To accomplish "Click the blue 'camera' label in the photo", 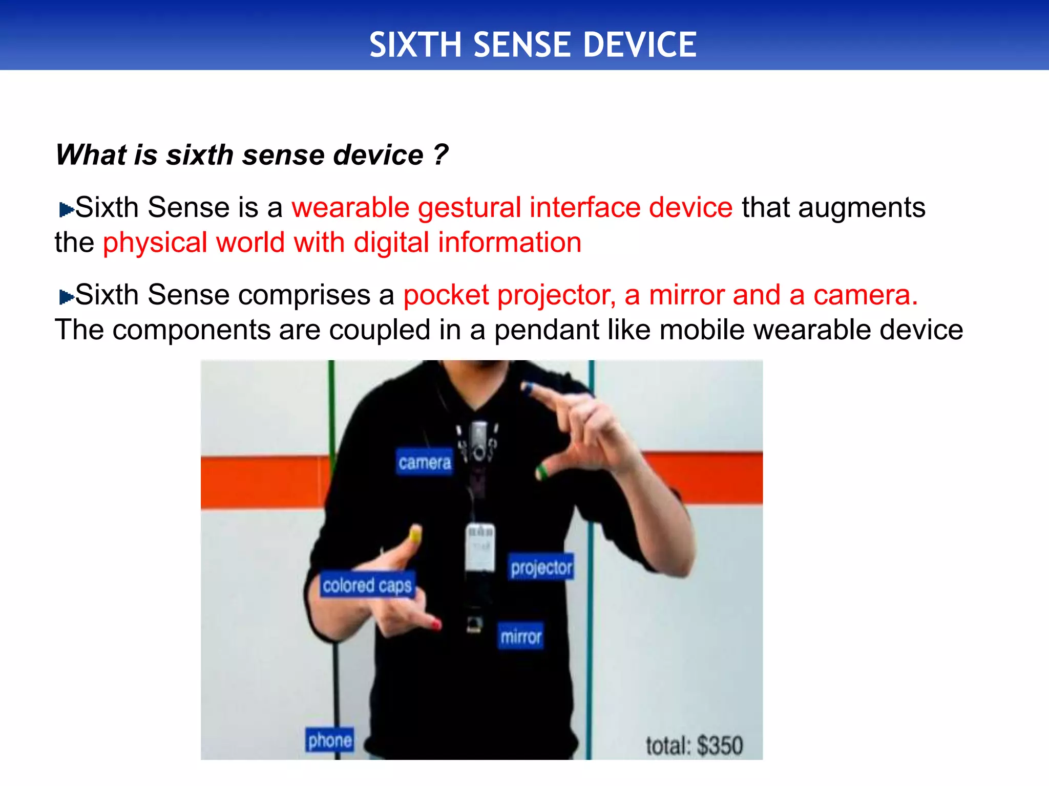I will [x=425, y=463].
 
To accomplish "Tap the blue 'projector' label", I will [x=541, y=567].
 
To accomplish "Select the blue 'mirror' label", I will [x=520, y=637].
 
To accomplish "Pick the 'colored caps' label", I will [x=367, y=585].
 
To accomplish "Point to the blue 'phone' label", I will [x=330, y=740].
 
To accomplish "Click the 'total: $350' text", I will [x=694, y=746].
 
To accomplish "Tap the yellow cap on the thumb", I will [x=414, y=535].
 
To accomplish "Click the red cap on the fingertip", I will [x=436, y=625].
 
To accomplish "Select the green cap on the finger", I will [x=541, y=471].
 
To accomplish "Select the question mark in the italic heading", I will [x=440, y=155].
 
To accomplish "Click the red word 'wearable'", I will [x=350, y=208].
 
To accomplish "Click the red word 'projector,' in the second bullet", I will [x=510, y=296].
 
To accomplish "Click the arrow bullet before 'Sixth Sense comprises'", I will [x=66, y=296].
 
